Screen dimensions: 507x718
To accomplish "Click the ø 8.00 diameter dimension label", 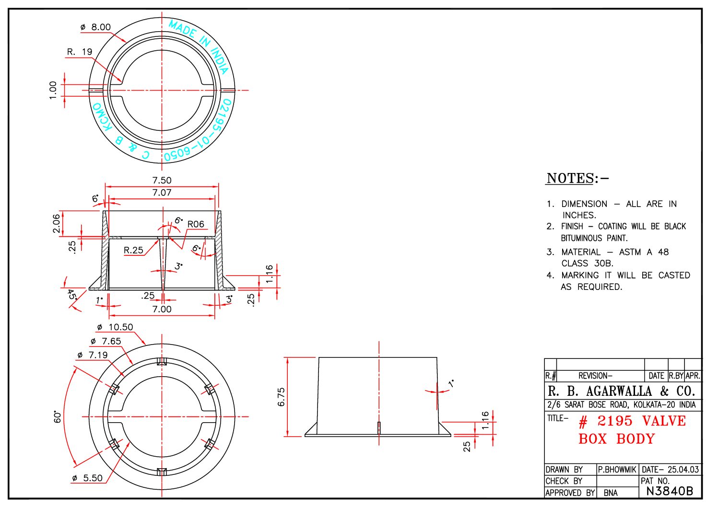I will (95, 27).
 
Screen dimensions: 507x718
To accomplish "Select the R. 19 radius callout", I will (79, 52).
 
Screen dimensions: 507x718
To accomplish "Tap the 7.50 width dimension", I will (162, 180).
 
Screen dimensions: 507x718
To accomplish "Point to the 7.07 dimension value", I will (162, 193).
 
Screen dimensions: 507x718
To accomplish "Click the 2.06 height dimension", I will (57, 223).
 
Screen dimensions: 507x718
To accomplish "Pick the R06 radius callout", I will (196, 224).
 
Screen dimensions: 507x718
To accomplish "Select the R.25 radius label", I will (133, 250).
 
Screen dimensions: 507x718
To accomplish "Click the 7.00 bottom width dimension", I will (162, 309).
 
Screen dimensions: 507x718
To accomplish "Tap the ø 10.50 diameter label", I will (115, 327).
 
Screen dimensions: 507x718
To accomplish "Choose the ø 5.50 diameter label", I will (87, 478).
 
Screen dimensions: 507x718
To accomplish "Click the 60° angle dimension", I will (58, 416).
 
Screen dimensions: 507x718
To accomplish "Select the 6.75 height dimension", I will (281, 397).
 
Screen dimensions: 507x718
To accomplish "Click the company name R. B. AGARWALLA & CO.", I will (621, 391).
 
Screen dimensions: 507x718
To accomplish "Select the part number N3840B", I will (670, 491).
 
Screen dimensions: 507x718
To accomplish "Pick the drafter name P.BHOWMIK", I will (617, 470).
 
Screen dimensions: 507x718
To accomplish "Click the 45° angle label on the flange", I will (71, 294).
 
